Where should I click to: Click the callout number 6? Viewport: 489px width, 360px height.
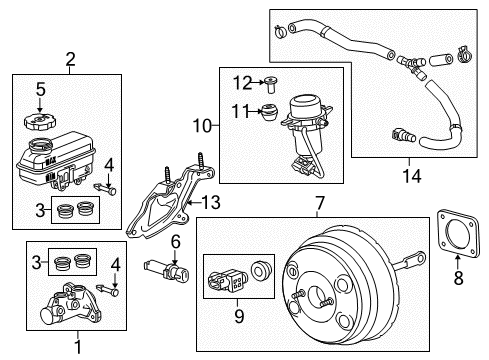(174, 241)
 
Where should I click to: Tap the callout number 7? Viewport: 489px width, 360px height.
(319, 206)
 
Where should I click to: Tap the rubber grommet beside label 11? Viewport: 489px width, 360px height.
(267, 113)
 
